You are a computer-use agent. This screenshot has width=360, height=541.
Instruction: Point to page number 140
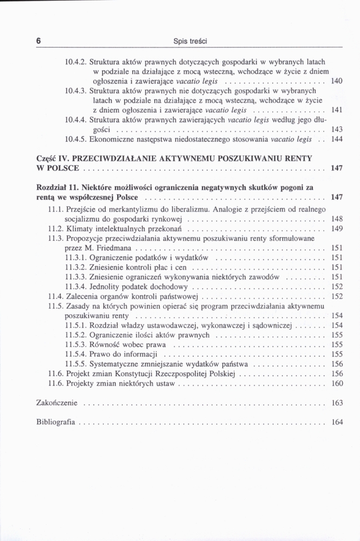[x=337, y=81]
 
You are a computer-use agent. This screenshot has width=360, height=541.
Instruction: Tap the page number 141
[x=337, y=110]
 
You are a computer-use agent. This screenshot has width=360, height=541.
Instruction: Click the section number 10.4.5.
[x=75, y=140]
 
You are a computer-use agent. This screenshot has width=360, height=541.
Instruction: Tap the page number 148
[x=337, y=219]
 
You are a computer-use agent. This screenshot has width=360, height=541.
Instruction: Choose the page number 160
[x=337, y=384]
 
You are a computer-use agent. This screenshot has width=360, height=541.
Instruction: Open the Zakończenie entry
[x=57, y=403]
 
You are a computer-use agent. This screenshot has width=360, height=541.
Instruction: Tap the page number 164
[x=337, y=422]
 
